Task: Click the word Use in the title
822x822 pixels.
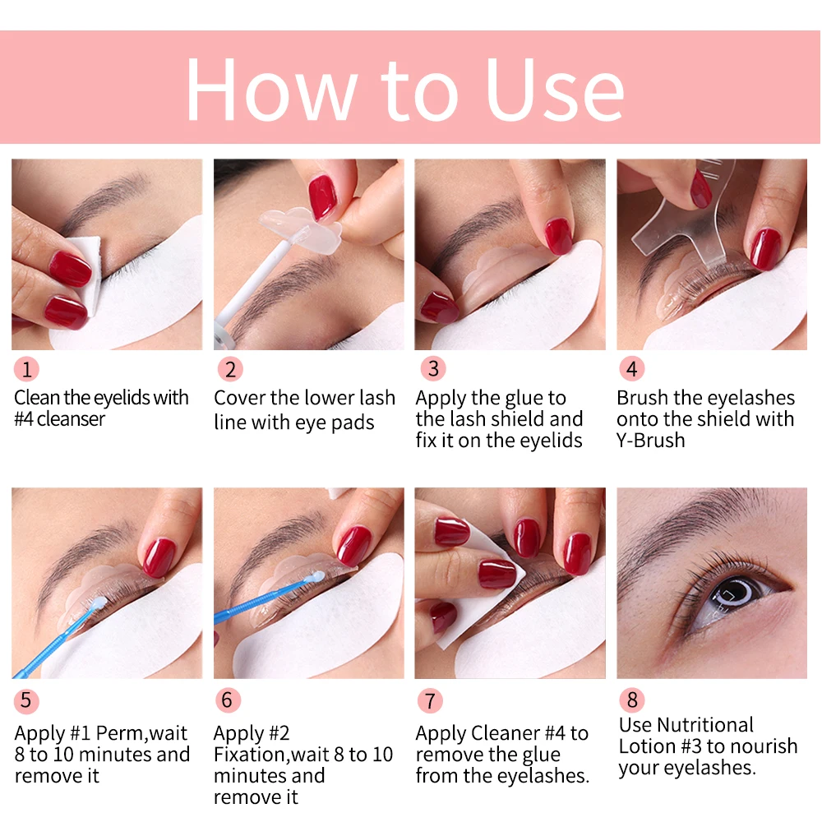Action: (555, 89)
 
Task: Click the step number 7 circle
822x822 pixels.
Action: (430, 701)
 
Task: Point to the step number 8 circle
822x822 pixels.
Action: (631, 700)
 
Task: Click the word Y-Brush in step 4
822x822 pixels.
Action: (650, 441)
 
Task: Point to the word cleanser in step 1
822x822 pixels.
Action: (72, 419)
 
